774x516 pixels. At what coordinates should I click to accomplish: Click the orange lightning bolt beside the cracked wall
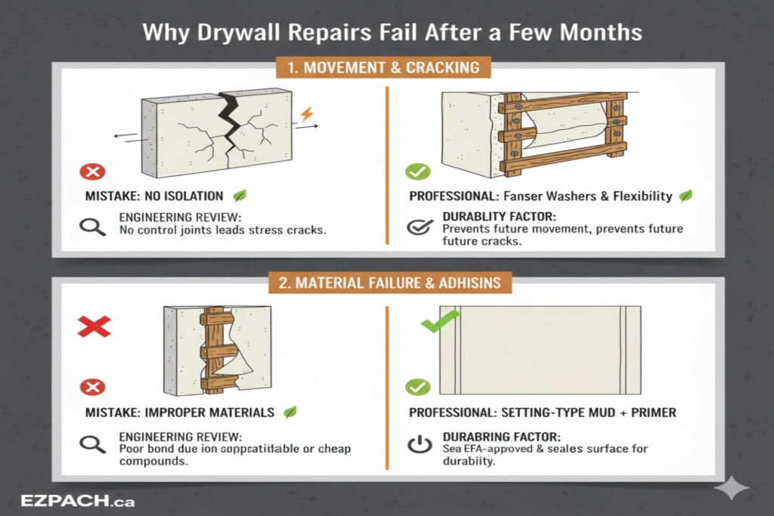(306, 115)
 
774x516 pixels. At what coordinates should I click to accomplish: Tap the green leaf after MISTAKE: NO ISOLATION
(240, 196)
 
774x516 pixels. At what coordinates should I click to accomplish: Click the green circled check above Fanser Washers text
(417, 171)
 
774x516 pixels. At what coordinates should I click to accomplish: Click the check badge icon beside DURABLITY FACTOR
(417, 227)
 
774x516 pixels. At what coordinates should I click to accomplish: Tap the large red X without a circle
(94, 326)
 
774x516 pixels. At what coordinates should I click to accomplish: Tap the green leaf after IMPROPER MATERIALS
(289, 412)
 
